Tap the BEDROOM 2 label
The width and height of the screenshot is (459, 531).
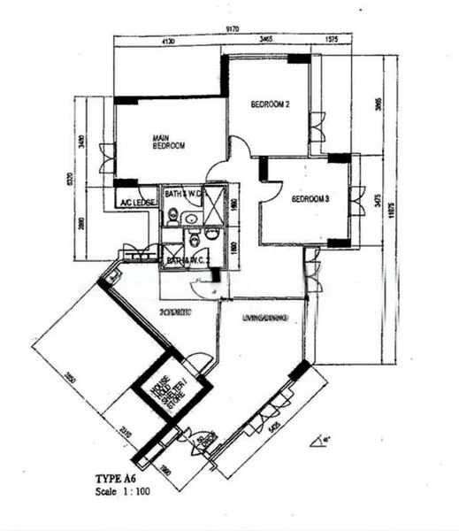tap(271, 105)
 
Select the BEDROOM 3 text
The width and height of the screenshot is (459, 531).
tap(310, 200)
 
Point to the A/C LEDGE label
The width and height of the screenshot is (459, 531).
tap(137, 203)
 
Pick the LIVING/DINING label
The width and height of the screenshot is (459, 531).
tap(264, 316)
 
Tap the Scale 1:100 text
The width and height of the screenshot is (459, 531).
tap(124, 489)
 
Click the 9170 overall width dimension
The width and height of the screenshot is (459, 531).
tap(233, 29)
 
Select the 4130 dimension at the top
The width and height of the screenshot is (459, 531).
tap(169, 41)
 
